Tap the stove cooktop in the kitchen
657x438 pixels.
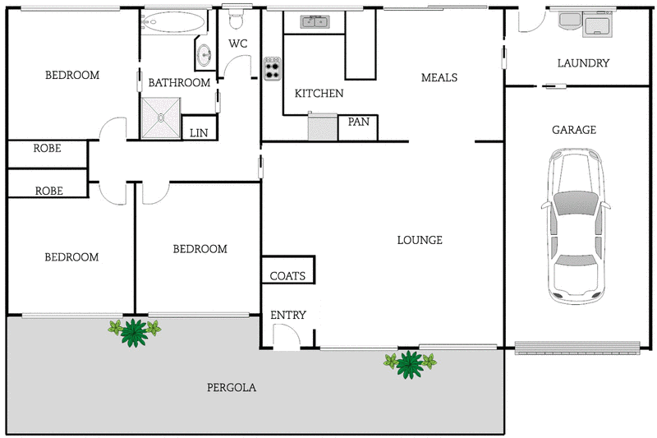point(272,68)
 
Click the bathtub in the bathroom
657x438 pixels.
point(171,23)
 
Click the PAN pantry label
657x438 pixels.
point(358,122)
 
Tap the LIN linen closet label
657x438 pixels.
point(199,132)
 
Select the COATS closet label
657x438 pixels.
point(287,276)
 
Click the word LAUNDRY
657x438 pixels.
point(583,63)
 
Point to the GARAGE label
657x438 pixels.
point(573,130)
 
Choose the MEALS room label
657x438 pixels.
point(439,78)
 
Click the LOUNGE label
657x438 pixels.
point(420,240)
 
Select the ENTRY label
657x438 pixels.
point(287,315)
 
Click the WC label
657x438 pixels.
point(238,44)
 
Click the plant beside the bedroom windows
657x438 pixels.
point(134,331)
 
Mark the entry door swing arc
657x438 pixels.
point(285,335)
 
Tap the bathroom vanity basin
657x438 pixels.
point(204,56)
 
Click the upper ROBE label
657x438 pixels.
point(48,149)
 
